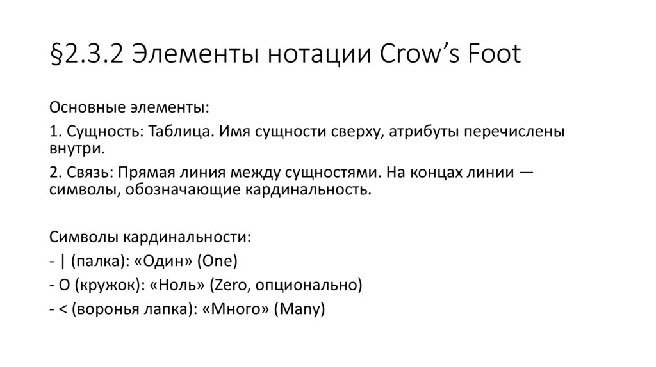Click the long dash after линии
[x=527, y=174]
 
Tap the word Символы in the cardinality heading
[x=83, y=237]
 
